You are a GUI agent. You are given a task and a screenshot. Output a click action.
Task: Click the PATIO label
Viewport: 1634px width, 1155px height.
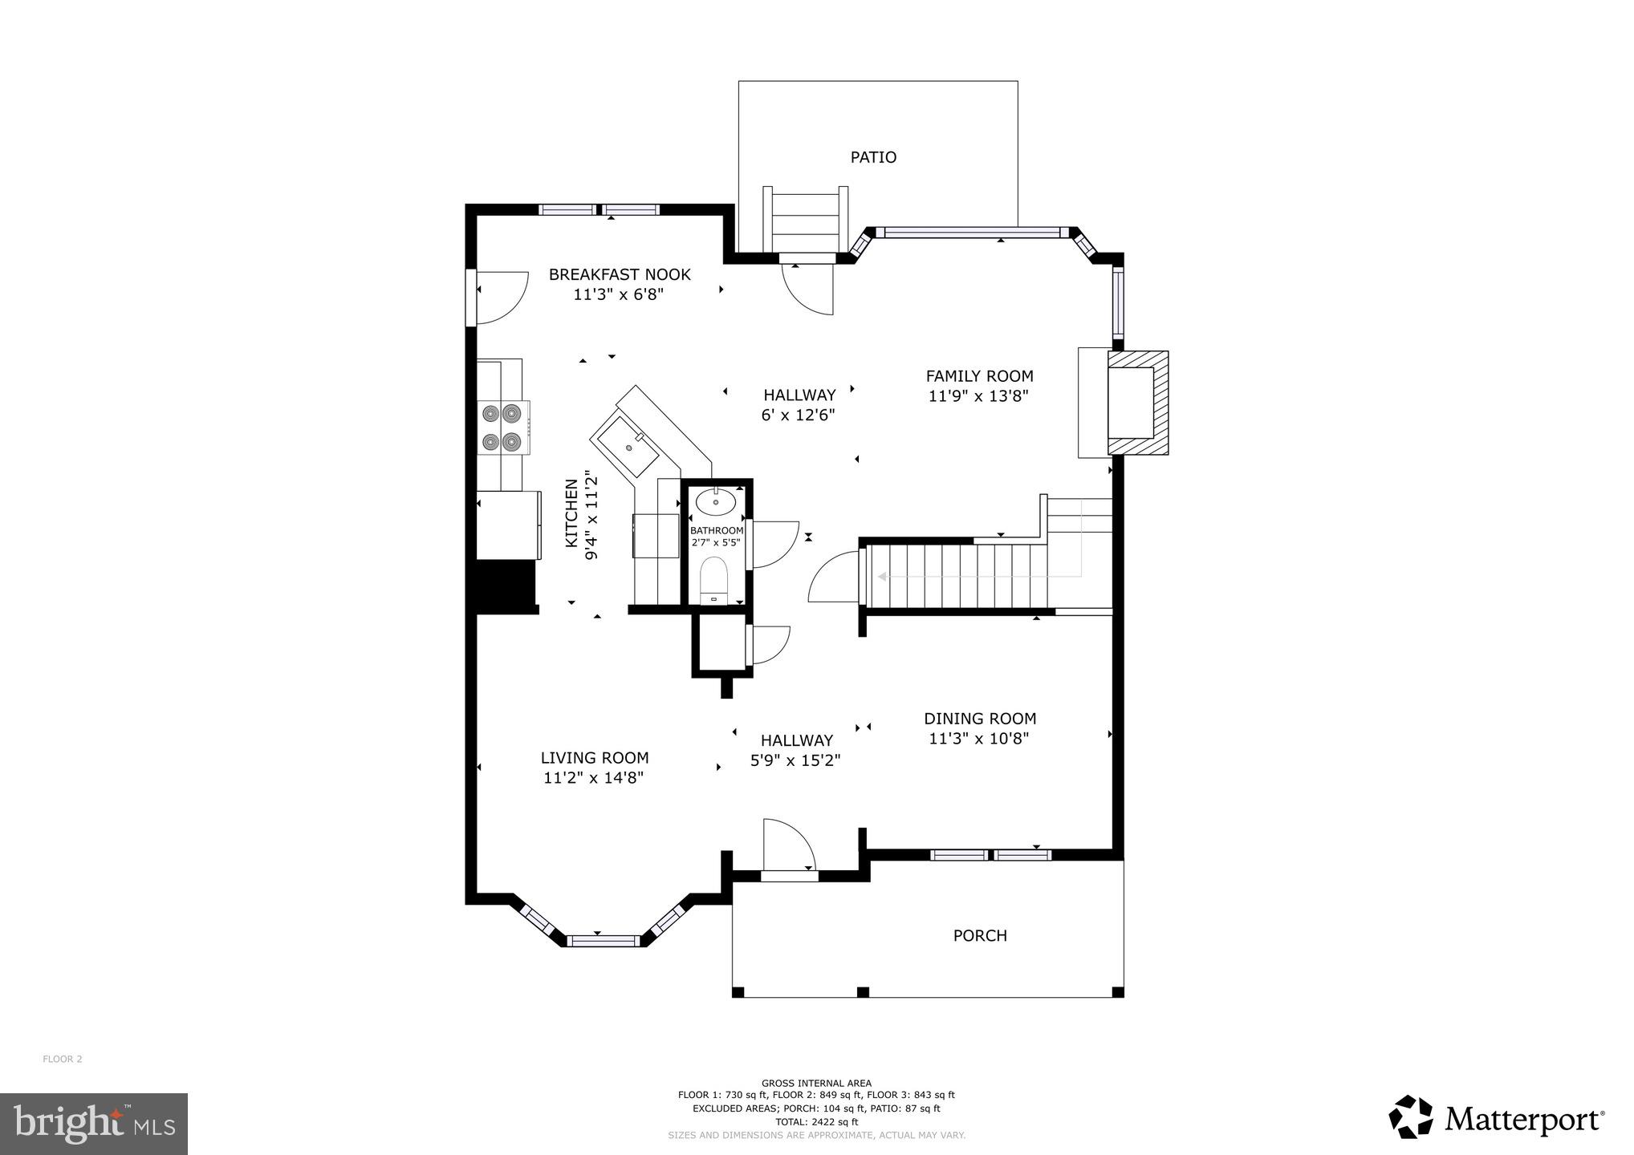[x=873, y=157]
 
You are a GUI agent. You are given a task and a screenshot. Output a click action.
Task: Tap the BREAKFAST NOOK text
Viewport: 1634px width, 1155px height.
[x=619, y=274]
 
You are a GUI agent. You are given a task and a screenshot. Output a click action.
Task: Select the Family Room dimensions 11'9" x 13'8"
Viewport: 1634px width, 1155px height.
[x=978, y=395]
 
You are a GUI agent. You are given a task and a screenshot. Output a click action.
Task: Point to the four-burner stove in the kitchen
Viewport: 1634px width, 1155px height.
[x=502, y=428]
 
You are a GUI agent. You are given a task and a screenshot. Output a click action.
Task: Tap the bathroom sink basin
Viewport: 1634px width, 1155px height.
[x=715, y=503]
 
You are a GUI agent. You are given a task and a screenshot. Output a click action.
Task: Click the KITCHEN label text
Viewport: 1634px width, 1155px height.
[x=571, y=513]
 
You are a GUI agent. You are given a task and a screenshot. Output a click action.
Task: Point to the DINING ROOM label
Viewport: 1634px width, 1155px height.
[x=979, y=719]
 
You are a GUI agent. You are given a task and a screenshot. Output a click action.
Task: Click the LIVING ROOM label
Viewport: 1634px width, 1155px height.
[x=594, y=757]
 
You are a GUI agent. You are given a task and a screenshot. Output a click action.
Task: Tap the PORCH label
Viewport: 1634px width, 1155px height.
[x=979, y=935]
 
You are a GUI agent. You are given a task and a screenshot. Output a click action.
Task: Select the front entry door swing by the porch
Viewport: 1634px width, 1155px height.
[x=787, y=846]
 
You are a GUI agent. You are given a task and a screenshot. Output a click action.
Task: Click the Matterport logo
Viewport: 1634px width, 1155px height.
[x=1496, y=1117]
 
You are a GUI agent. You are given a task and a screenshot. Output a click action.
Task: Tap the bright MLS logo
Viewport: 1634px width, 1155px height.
[x=93, y=1124]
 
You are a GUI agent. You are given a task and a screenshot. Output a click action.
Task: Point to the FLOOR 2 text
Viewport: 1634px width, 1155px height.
[x=63, y=1059]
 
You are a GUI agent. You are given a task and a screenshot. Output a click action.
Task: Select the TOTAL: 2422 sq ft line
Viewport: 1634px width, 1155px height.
[x=816, y=1121]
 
